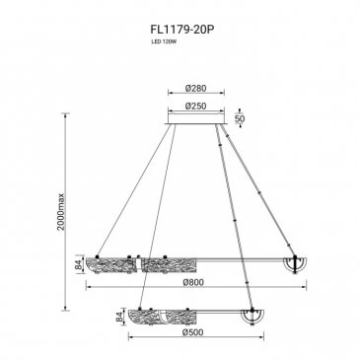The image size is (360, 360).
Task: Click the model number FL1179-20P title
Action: tap(182, 30)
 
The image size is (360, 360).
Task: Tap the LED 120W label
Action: tap(162, 41)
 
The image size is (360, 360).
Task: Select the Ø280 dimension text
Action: tap(195, 88)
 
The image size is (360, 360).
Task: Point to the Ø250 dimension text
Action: tap(195, 106)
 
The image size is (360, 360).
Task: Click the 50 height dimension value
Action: tap(240, 118)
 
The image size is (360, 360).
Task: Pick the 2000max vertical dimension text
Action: tap(61, 211)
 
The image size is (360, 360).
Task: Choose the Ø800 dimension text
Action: tap(194, 282)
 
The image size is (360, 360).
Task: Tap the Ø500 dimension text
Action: tap(193, 332)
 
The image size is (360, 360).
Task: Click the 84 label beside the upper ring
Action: tap(79, 264)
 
